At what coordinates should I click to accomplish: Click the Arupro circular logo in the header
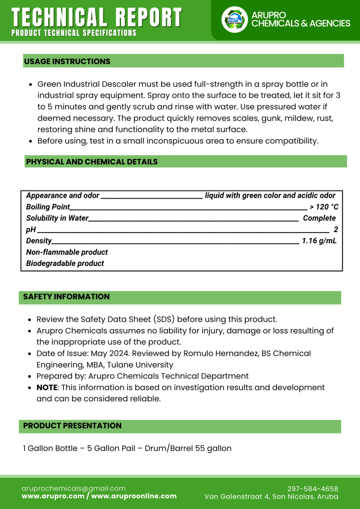pos(234,20)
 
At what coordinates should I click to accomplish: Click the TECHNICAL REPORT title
pos(96,17)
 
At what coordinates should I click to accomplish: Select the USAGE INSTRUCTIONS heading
pos(67,62)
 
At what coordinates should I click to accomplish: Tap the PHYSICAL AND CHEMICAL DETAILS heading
pos(92,162)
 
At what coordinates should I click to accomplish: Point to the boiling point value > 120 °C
pos(324,207)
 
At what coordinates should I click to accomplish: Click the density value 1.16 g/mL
pos(319,241)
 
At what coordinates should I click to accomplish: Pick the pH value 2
pos(336,229)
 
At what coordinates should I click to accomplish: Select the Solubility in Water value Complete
pos(319,218)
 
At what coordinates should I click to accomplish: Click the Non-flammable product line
pos(67,252)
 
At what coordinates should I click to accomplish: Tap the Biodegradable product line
pos(65,263)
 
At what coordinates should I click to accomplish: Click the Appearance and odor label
pos(63,195)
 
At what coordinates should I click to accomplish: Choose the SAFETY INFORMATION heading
pos(66,297)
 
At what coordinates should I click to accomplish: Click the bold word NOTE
pos(47,387)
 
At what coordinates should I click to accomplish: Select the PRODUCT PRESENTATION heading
pos(72,425)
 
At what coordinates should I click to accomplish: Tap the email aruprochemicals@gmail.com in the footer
pos(74,488)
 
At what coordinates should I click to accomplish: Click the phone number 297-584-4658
pos(312,489)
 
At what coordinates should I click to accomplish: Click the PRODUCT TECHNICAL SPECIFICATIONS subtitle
pos(74,33)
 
